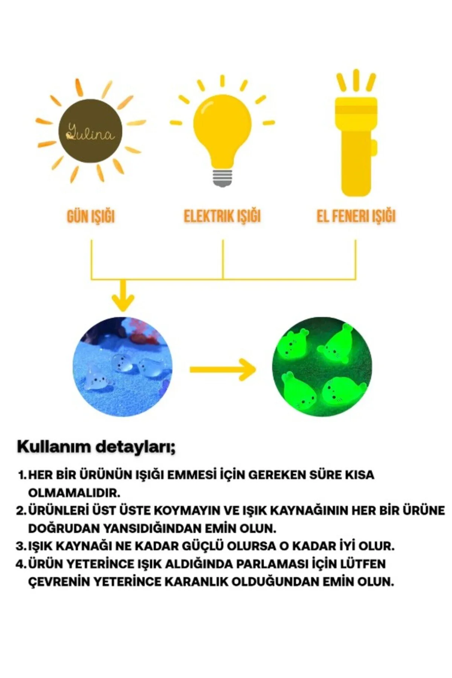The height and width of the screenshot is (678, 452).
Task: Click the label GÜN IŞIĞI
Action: (91, 216)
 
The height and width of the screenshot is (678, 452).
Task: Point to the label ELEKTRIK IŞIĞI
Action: (222, 216)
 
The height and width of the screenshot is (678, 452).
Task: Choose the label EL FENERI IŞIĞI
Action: (356, 216)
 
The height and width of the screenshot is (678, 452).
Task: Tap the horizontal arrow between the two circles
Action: (223, 369)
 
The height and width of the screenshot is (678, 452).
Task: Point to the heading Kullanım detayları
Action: (96, 447)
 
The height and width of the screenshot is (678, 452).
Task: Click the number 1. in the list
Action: (23, 475)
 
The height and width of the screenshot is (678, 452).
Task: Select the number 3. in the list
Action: (22, 546)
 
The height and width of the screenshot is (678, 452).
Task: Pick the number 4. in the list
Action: (22, 564)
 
